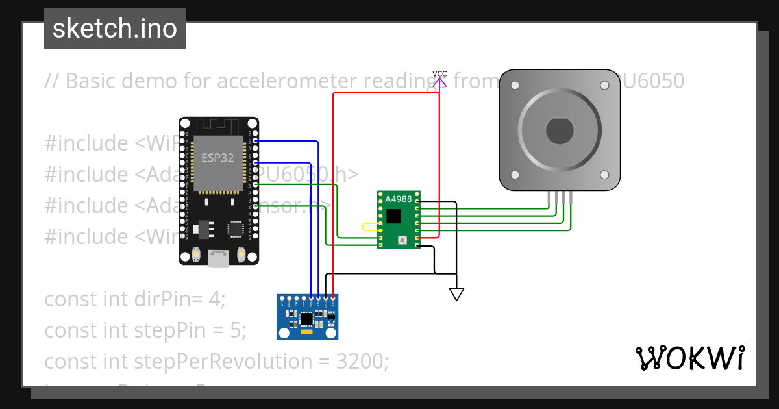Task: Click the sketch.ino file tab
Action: click(115, 29)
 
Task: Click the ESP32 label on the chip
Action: click(217, 158)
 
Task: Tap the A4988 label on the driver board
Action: click(398, 199)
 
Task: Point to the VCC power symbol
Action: click(439, 79)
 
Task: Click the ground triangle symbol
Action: click(456, 294)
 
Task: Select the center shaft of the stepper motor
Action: click(559, 131)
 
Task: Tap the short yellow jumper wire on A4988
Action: click(370, 227)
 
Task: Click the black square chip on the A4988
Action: click(393, 216)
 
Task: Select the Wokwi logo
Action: click(689, 358)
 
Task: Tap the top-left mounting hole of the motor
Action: click(515, 86)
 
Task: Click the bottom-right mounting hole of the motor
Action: click(604, 175)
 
